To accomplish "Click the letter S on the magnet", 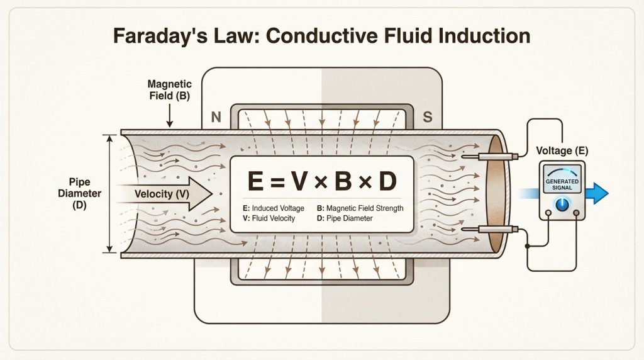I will coord(428,118).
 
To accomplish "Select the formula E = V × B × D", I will coord(322,181).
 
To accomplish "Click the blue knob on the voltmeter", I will coord(562,204).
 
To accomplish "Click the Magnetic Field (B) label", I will coord(169,91).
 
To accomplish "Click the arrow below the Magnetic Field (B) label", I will coord(169,116).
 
